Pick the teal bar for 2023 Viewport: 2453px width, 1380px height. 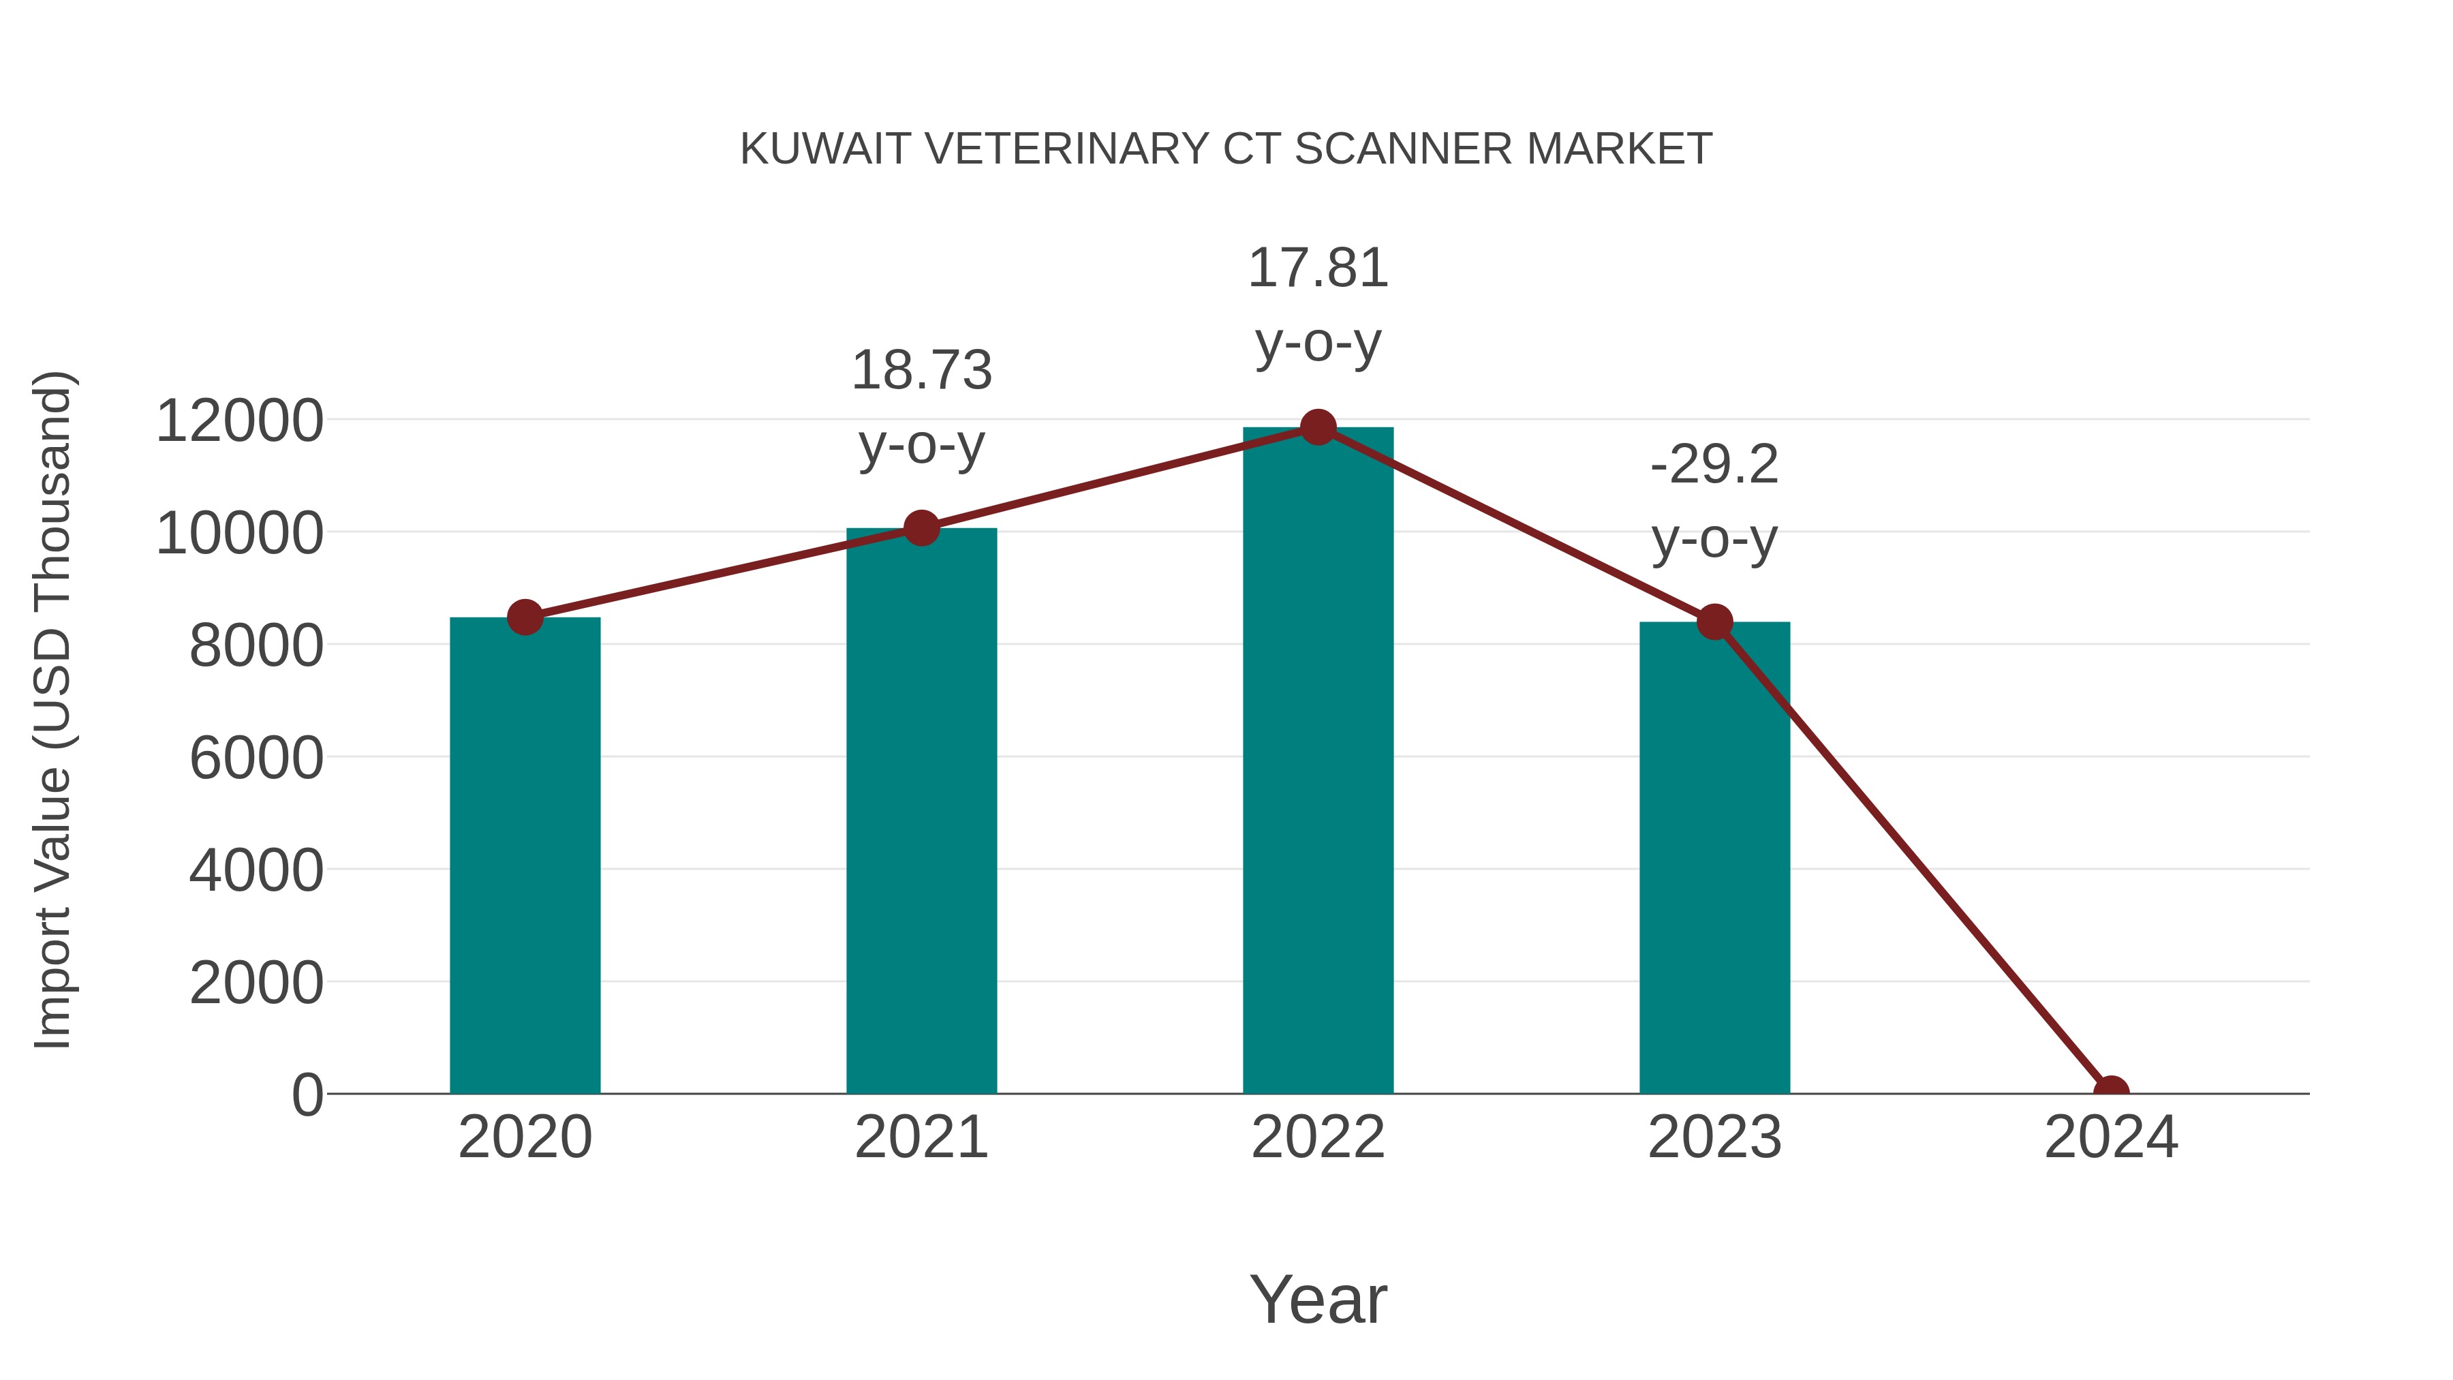coord(1714,857)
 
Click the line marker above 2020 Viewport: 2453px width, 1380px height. coord(525,617)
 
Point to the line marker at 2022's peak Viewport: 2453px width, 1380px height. coord(1317,427)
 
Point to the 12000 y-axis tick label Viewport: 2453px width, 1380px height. coord(239,421)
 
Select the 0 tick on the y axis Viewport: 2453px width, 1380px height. coord(307,1094)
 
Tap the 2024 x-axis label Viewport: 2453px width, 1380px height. coord(2110,1137)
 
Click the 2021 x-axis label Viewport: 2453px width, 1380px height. coord(921,1137)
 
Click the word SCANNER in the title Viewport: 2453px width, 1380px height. coord(1403,149)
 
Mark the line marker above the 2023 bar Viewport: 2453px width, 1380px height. coord(1714,622)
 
